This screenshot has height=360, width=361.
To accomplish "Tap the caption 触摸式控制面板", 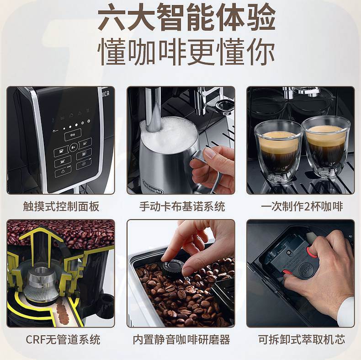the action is (x=61, y=206).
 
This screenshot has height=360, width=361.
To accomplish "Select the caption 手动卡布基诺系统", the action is (x=182, y=206).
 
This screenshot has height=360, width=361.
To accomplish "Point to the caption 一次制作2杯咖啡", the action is (x=302, y=206).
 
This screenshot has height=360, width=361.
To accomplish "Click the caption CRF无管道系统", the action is (x=63, y=339).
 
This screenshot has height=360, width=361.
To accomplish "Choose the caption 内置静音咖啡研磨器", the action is (x=181, y=339).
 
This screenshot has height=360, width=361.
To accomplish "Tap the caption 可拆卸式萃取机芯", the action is (x=302, y=339).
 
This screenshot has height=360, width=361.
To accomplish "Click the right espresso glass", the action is (x=326, y=147).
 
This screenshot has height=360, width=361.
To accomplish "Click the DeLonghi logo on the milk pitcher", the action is (x=153, y=187).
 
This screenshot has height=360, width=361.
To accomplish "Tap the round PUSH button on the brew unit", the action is (x=307, y=270).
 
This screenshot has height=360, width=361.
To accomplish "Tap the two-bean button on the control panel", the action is (x=73, y=134).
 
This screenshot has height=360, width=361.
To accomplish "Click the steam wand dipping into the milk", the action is (x=154, y=110).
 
